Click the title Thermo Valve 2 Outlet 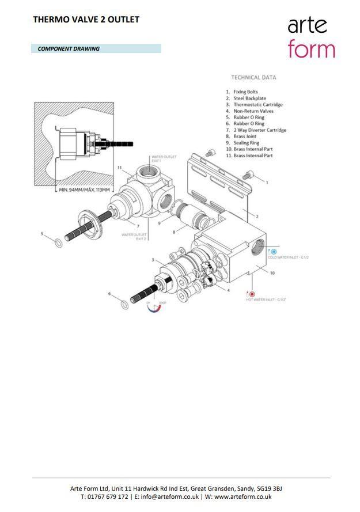click(86, 20)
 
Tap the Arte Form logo click(311, 36)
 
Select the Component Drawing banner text click(69, 49)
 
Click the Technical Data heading click(253, 77)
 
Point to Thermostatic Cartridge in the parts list click(257, 105)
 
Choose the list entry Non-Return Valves click(253, 111)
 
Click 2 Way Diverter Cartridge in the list click(259, 130)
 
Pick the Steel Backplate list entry click(249, 98)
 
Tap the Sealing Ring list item click(246, 143)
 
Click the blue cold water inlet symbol click(274, 252)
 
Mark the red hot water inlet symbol click(252, 294)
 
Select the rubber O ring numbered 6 click(125, 304)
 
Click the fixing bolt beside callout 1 click(248, 174)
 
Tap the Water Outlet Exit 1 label click(163, 158)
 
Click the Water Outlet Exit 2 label click(134, 236)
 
